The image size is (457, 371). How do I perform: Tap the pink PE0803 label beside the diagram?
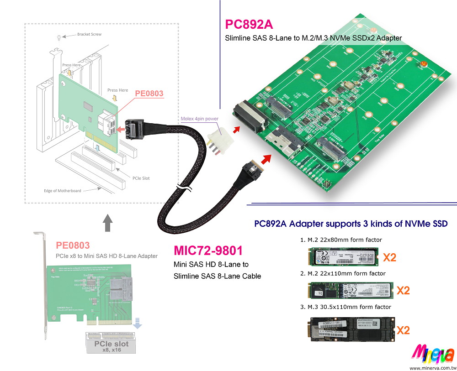pos(149,94)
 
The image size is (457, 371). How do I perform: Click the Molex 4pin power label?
pos(200,119)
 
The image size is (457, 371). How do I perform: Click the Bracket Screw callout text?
pos(89,35)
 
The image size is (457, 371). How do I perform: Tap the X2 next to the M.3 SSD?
pos(403,329)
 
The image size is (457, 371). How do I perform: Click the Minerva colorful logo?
pos(432,354)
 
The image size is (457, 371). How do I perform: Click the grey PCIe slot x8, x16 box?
pos(112,344)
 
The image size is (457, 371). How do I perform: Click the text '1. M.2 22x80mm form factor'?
pos(341,240)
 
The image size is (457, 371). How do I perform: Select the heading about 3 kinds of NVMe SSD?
pos(351,224)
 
